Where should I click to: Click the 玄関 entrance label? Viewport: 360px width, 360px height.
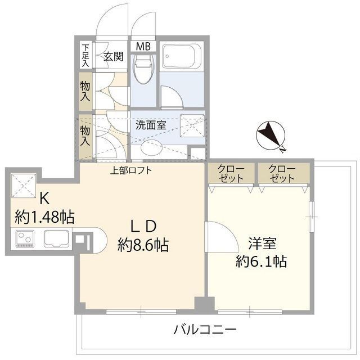tap(114, 56)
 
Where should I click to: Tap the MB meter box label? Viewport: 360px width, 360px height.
tap(142, 46)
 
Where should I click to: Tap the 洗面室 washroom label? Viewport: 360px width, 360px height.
tap(150, 125)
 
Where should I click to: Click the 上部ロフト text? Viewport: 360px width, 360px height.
tap(131, 171)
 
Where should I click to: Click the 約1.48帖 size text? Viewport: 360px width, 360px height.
tap(44, 217)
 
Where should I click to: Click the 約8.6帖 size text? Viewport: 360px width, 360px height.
tap(143, 245)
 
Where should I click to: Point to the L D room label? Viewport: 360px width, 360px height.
tap(143, 226)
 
